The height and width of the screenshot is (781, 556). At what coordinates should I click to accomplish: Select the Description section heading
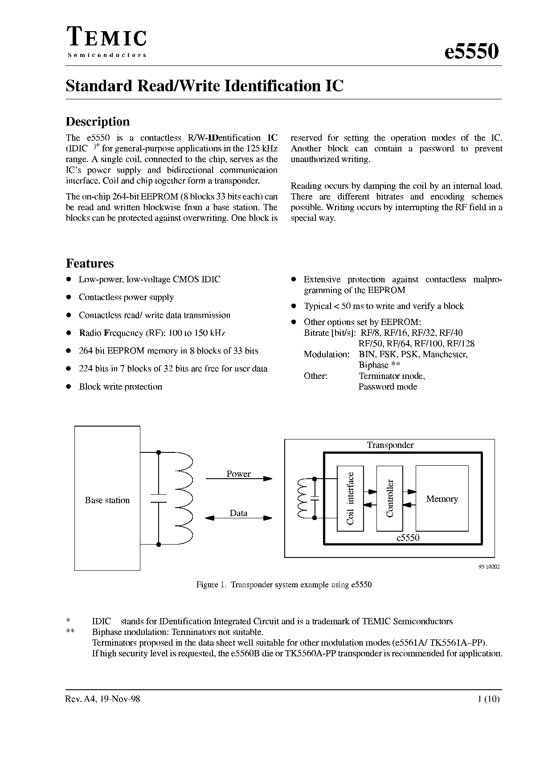[98, 122]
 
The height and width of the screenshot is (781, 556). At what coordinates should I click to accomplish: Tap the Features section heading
[90, 263]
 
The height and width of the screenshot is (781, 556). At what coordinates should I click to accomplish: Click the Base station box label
[107, 500]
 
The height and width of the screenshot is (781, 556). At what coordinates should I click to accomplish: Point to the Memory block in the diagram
[442, 499]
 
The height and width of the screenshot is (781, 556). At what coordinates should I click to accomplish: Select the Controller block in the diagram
[390, 498]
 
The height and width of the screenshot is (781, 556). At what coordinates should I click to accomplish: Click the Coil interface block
[350, 498]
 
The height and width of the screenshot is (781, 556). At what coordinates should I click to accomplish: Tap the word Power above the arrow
[238, 474]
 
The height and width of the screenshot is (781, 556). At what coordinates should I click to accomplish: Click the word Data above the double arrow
[238, 513]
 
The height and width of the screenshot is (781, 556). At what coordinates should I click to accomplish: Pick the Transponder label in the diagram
[390, 445]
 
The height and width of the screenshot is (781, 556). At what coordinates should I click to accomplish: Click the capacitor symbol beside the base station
[159, 498]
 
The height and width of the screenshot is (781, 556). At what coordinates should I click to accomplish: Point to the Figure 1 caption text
[284, 585]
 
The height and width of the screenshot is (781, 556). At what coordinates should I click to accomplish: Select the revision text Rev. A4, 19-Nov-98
[103, 699]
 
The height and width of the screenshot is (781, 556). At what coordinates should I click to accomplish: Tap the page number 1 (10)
[489, 699]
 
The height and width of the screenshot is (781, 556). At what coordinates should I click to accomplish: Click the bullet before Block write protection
[69, 386]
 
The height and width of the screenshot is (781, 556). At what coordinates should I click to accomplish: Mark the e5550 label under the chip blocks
[408, 537]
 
